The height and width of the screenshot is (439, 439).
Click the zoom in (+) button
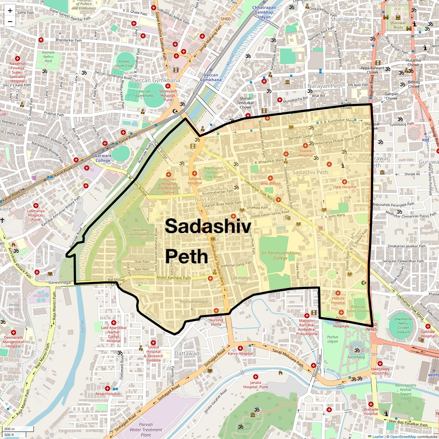click(x=10, y=11)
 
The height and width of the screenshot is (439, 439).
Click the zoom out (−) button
click(x=10, y=21)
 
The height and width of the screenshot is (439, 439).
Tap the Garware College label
click(x=103, y=158)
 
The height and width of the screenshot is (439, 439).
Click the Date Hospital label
click(x=344, y=187)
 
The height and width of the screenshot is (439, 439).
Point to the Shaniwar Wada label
click(x=398, y=25)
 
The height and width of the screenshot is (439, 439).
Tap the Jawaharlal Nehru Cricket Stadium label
click(x=403, y=325)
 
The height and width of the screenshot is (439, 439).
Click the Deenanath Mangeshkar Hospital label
click(x=13, y=342)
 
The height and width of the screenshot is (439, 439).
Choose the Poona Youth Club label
click(x=124, y=64)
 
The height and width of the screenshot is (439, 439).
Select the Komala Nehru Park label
click(x=48, y=57)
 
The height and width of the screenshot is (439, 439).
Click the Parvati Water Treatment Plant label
click(x=146, y=429)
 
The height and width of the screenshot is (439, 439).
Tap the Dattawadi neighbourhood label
click(x=187, y=354)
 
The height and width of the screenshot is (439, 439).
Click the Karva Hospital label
click(x=240, y=353)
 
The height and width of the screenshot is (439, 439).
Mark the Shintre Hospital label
click(x=305, y=153)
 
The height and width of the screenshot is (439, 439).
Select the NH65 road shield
click(x=371, y=329)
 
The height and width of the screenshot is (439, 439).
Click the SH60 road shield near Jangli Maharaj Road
click(x=226, y=19)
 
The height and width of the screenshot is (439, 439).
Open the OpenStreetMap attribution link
click(x=403, y=436)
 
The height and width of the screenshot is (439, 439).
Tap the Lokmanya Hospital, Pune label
click(x=35, y=215)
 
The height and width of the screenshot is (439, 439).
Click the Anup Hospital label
click(x=107, y=394)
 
